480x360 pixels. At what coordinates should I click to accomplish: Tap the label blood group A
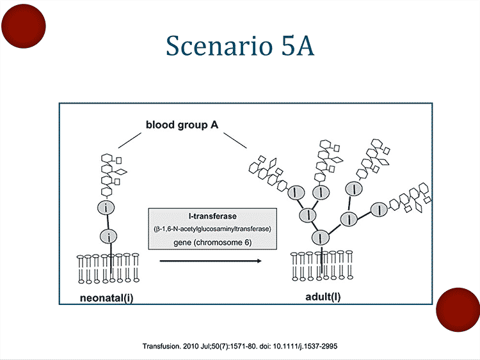pyautogui.click(x=182, y=125)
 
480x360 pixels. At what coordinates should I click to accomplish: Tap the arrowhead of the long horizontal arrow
pyautogui.click(x=259, y=261)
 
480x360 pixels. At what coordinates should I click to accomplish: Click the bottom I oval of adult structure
pyautogui.click(x=319, y=239)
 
